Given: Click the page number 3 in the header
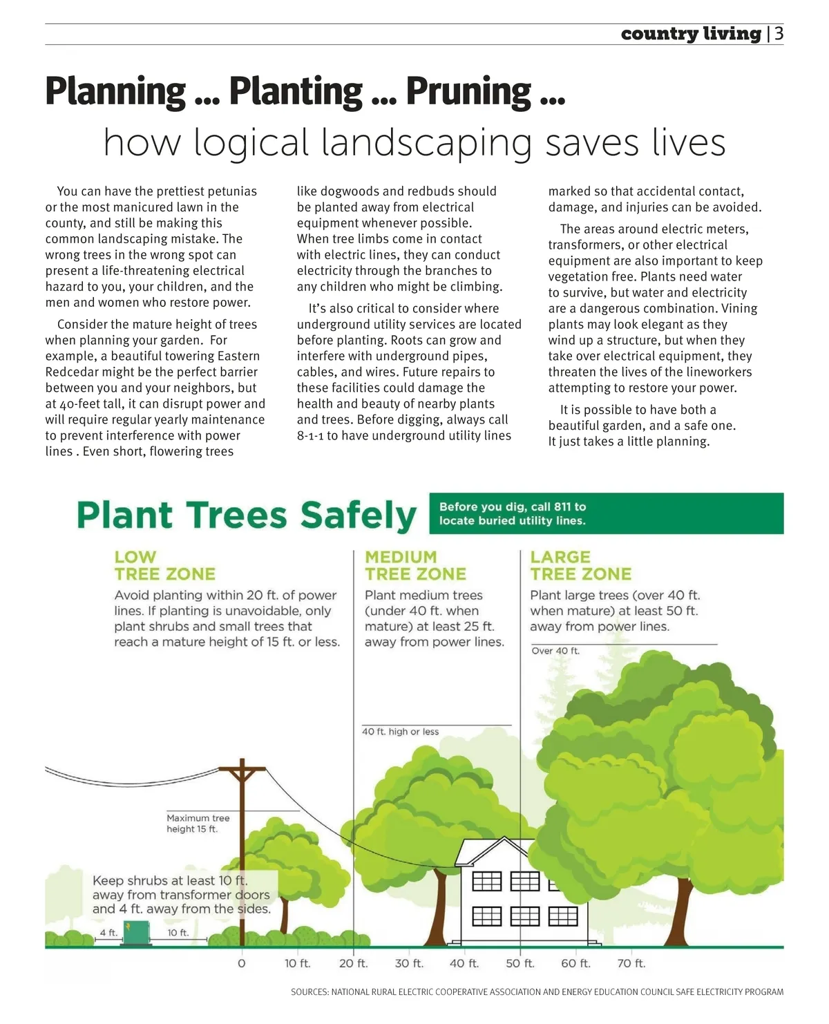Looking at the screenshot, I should (x=779, y=34).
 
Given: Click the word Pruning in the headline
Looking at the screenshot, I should (x=468, y=91).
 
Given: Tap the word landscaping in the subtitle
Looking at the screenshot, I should (x=427, y=142).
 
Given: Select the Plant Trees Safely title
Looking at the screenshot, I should (x=247, y=515).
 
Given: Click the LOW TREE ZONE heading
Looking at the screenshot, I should (x=164, y=566).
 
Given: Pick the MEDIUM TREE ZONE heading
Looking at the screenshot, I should (x=415, y=566).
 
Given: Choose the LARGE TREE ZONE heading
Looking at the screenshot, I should (x=580, y=566).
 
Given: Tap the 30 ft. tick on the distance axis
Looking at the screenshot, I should (x=409, y=963).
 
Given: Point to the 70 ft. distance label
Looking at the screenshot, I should (x=631, y=963).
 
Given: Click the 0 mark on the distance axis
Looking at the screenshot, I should (x=242, y=963).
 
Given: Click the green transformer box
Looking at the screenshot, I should (x=136, y=933).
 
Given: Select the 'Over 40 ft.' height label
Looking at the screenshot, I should (x=555, y=651).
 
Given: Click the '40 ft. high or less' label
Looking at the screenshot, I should (x=401, y=732).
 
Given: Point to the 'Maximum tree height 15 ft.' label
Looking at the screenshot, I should (x=198, y=824).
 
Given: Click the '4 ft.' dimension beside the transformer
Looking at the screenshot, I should (x=108, y=933).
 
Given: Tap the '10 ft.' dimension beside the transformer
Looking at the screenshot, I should (x=178, y=933).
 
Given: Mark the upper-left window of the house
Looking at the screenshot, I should (x=486, y=881).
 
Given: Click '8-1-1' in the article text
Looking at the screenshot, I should (x=310, y=436).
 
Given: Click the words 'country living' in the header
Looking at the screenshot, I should (x=691, y=34).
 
